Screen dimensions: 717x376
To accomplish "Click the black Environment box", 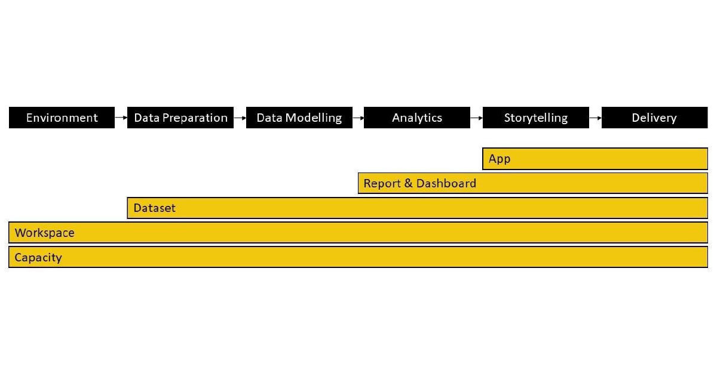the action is pos(62,118).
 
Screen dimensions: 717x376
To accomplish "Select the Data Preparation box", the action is pos(180,118).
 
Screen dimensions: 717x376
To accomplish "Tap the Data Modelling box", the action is pos(299,118).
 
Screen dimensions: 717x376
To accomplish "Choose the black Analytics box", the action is pos(417,118).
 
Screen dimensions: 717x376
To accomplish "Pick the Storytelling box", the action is pos(535,118).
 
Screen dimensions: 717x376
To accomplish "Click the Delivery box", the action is pos(655,118).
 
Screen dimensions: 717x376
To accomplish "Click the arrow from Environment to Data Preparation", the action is pos(121,118).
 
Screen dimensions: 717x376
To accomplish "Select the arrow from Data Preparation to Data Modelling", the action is pos(240,118).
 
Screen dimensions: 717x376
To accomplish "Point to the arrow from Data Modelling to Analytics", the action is pos(358,118).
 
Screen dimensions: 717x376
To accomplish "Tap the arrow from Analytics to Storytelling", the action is pos(476,118).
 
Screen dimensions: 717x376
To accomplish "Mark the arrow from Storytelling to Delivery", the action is pos(595,118).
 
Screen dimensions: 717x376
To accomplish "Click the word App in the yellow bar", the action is pos(500,159).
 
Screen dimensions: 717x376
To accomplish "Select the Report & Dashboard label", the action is pos(419,183).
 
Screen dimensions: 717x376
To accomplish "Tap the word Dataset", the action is pos(154,208).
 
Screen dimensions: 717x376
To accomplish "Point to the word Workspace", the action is pos(44,233).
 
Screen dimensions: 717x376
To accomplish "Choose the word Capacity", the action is pos(38,257).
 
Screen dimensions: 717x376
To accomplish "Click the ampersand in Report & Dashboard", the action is pos(408,183).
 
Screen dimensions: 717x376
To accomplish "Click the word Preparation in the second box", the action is pos(195,118).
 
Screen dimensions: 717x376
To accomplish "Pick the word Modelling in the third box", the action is pos(313,118).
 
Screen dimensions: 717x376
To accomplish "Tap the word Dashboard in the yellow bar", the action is pos(446,183).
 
